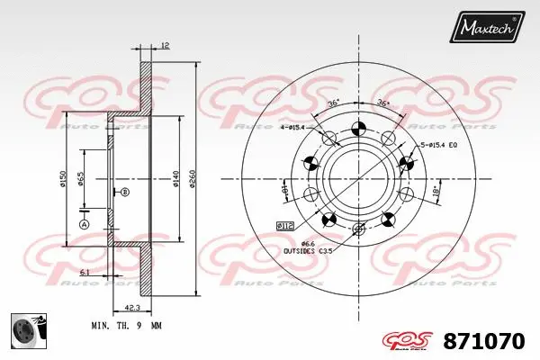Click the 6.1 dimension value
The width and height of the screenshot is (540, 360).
(x=84, y=271)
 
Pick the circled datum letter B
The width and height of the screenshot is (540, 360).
(x=125, y=193)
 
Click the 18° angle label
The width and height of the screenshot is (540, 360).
(x=436, y=193)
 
